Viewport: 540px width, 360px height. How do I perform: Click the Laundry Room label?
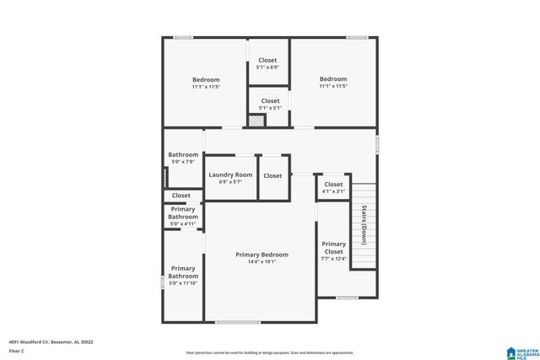click(230, 175)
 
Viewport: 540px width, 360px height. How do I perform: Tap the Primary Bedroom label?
click(262, 255)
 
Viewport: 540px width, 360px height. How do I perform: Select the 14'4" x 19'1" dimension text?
click(262, 261)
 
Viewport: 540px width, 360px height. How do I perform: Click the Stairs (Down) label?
click(364, 224)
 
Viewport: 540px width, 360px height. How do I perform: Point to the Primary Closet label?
click(333, 248)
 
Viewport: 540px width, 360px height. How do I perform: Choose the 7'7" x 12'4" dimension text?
click(333, 259)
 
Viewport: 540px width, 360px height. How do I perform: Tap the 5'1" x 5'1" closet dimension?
click(270, 108)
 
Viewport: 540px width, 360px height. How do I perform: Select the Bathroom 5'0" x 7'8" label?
click(182, 158)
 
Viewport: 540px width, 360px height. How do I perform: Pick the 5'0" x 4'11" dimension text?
click(183, 223)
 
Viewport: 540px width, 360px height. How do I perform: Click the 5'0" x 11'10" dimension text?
click(183, 283)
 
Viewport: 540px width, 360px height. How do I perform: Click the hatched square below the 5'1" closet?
click(256, 121)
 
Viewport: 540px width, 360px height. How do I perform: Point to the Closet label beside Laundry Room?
click(273, 175)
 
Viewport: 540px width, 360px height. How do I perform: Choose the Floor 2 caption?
click(17, 350)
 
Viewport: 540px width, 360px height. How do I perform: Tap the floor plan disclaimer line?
click(270, 352)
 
